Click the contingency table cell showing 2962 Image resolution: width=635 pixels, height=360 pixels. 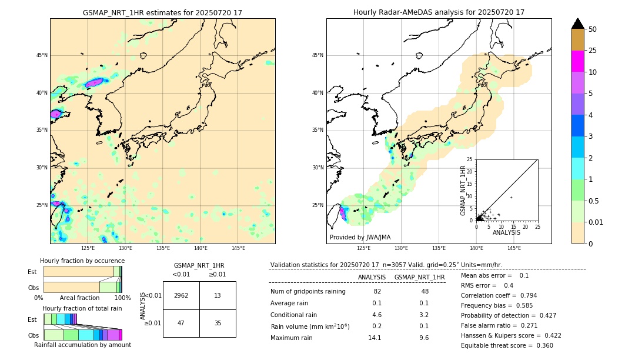[x=181, y=295]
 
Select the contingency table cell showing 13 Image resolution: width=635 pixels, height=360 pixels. [x=218, y=295]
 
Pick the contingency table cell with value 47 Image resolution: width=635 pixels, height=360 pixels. [x=181, y=323]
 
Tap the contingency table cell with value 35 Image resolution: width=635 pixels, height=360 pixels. [x=218, y=323]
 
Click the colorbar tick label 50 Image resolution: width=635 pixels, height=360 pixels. [x=593, y=29]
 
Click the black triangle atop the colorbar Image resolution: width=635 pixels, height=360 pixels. [x=578, y=24]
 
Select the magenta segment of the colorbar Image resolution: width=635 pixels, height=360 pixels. [x=578, y=61]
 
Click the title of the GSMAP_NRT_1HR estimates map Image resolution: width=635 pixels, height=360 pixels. [x=162, y=12]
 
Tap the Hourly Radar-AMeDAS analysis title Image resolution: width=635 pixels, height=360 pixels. [x=439, y=12]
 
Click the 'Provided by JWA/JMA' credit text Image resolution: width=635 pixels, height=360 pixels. [x=360, y=237]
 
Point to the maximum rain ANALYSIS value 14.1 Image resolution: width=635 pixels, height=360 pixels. [x=375, y=338]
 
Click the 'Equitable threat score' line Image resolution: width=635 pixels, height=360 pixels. [x=507, y=345]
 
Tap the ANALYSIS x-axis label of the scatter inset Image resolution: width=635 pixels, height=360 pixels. [x=506, y=232]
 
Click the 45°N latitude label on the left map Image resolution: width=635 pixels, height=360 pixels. [x=42, y=55]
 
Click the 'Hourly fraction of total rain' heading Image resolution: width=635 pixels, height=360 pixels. [x=82, y=308]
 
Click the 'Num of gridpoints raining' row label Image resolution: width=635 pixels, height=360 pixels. [x=308, y=291]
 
